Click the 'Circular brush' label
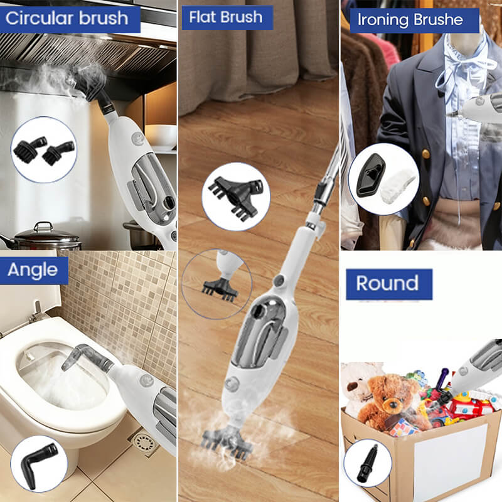point(67,18)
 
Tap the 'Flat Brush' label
point(227,18)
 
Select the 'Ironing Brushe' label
point(410,20)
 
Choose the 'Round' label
point(387,284)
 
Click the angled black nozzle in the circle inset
point(38,463)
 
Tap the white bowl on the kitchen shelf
point(161,134)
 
